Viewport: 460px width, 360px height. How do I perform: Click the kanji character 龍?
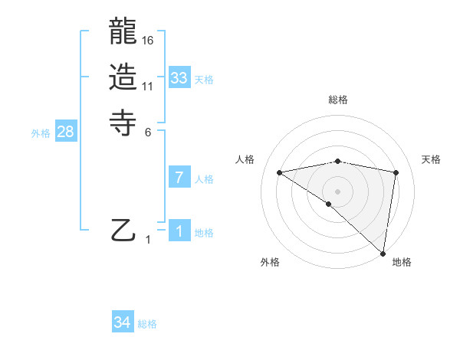pyautogui.click(x=124, y=33)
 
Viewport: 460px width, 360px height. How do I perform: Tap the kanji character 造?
pyautogui.click(x=124, y=77)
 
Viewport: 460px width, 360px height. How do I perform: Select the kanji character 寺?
pyautogui.click(x=124, y=122)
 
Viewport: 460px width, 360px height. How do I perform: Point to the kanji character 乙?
pyautogui.click(x=124, y=231)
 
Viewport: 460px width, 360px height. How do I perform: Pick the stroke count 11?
pyautogui.click(x=148, y=86)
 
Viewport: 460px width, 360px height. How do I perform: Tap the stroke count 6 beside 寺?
pyautogui.click(x=148, y=131)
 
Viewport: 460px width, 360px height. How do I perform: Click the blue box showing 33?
pyautogui.click(x=179, y=78)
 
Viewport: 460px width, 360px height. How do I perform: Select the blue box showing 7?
pyautogui.click(x=179, y=178)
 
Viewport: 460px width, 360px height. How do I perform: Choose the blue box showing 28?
pyautogui.click(x=65, y=132)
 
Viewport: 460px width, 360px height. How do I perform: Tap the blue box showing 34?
pyautogui.click(x=122, y=322)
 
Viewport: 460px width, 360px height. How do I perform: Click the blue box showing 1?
pyautogui.click(x=179, y=231)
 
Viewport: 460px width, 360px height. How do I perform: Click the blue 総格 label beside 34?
pyautogui.click(x=147, y=324)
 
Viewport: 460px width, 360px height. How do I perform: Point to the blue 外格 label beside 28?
pyautogui.click(x=41, y=133)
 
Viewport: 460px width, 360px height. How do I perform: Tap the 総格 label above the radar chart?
pyautogui.click(x=338, y=100)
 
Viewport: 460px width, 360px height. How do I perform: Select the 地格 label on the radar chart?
pyautogui.click(x=402, y=262)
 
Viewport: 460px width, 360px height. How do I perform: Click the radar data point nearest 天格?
pyautogui.click(x=396, y=172)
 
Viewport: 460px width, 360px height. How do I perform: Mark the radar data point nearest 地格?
pyautogui.click(x=383, y=253)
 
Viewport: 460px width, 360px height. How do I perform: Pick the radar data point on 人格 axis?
pyautogui.click(x=280, y=172)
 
